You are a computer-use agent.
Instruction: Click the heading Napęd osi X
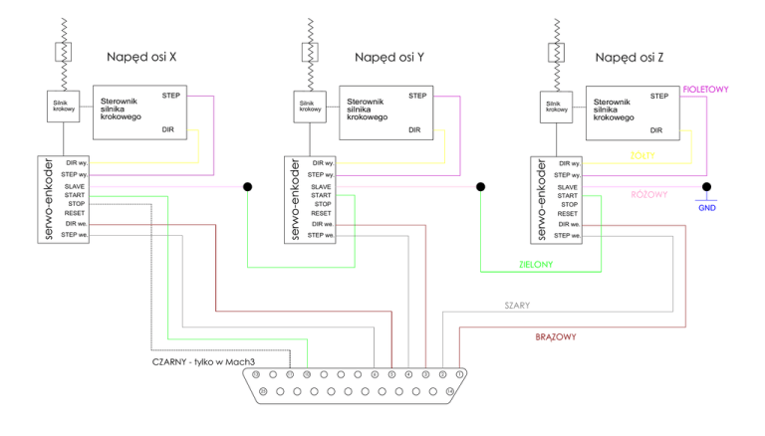[141, 59]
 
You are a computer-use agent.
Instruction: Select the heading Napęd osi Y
[389, 59]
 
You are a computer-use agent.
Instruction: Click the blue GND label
[705, 208]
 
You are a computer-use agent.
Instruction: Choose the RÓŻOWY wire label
[650, 194]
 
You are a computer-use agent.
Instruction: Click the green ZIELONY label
[537, 265]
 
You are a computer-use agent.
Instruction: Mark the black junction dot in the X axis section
[247, 186]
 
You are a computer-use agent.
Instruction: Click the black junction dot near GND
[705, 186]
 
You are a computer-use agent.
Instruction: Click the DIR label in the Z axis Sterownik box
[656, 129]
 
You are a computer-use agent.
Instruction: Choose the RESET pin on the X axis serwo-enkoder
[74, 213]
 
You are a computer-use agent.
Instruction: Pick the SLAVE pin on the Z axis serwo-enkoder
[568, 187]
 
